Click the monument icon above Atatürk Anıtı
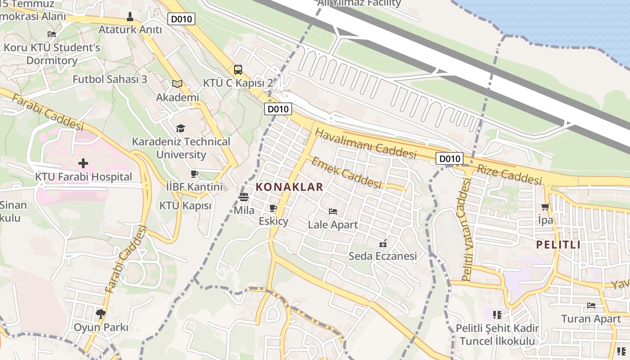pyautogui.click(x=130, y=17)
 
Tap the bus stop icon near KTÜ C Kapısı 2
pyautogui.click(x=238, y=70)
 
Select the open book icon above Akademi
pyautogui.click(x=177, y=84)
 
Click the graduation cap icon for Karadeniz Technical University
pyautogui.click(x=180, y=129)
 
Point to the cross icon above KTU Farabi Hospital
pyautogui.click(x=83, y=163)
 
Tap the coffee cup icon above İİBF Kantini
pyautogui.click(x=194, y=174)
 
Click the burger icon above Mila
pyautogui.click(x=244, y=197)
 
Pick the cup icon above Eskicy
pyautogui.click(x=273, y=208)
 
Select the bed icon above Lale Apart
pyautogui.click(x=333, y=211)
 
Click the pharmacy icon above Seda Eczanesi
pyautogui.click(x=383, y=243)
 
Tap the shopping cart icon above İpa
pyautogui.click(x=545, y=207)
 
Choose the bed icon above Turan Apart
pyautogui.click(x=591, y=306)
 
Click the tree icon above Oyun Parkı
pyautogui.click(x=101, y=314)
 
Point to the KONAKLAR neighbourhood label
pyautogui.click(x=289, y=187)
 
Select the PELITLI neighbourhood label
pyautogui.click(x=558, y=245)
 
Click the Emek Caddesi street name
pyautogui.click(x=346, y=173)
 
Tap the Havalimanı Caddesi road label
pyautogui.click(x=365, y=144)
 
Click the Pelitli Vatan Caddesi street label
pyautogui.click(x=466, y=229)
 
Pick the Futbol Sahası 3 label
pyautogui.click(x=110, y=79)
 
